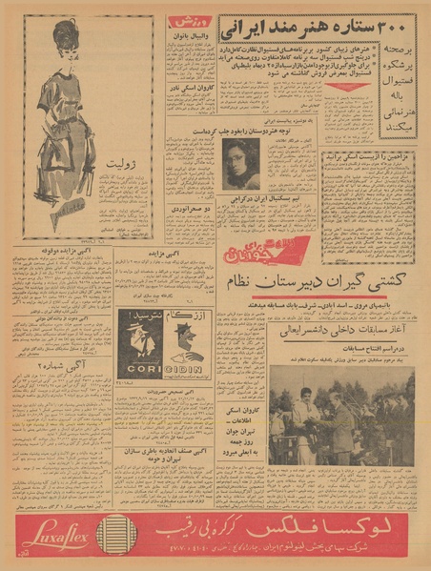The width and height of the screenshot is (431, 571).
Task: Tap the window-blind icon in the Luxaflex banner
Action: [x=117, y=533]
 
